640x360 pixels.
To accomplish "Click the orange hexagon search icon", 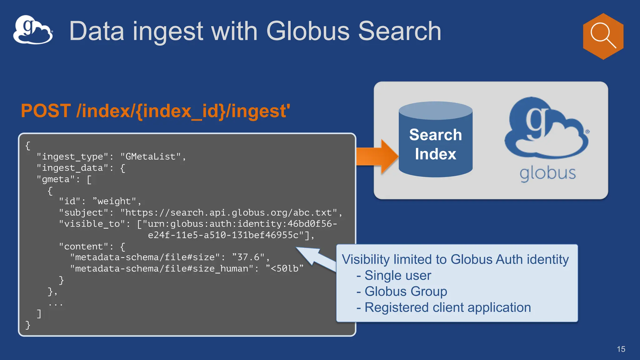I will pyautogui.click(x=603, y=36).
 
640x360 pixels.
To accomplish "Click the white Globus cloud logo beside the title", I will pyautogui.click(x=33, y=30).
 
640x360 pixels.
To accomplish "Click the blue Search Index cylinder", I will pyautogui.click(x=435, y=144).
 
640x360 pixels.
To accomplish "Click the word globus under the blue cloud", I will pyautogui.click(x=547, y=173).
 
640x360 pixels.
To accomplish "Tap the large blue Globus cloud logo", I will pyautogui.click(x=546, y=128).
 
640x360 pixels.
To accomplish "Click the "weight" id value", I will pyautogui.click(x=114, y=201).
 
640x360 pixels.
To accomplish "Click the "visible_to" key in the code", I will pyautogui.click(x=92, y=224).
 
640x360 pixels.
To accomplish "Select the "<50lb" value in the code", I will pyautogui.click(x=284, y=268).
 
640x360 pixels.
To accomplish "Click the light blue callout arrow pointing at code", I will pyautogui.click(x=316, y=258).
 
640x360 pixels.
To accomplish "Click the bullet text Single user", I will pyautogui.click(x=397, y=275).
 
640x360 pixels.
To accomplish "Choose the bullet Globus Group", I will pyautogui.click(x=406, y=291).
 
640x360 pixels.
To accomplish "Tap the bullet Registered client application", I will pyautogui.click(x=447, y=307).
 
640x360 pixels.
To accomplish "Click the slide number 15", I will pyautogui.click(x=621, y=349).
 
